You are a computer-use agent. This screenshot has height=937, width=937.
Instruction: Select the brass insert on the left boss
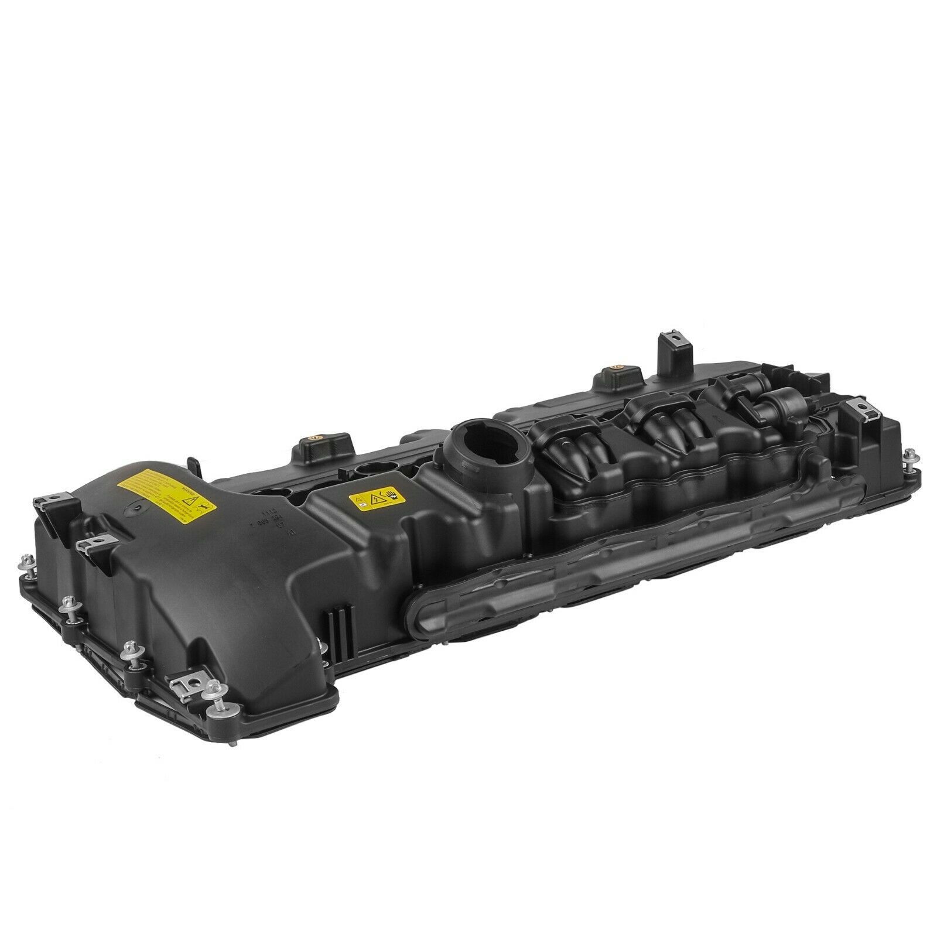point(314,436)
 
